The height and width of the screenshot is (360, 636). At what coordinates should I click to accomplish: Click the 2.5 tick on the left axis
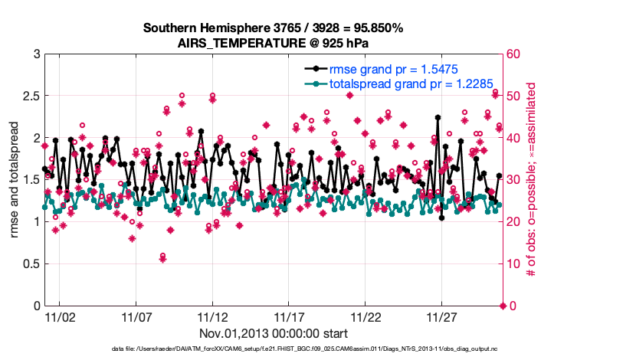(31, 97)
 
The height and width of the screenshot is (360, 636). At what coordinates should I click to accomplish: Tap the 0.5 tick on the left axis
(31, 264)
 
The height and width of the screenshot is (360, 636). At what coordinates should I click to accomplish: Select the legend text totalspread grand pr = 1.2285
(411, 83)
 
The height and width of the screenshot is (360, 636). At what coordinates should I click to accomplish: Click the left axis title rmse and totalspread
(15, 180)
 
